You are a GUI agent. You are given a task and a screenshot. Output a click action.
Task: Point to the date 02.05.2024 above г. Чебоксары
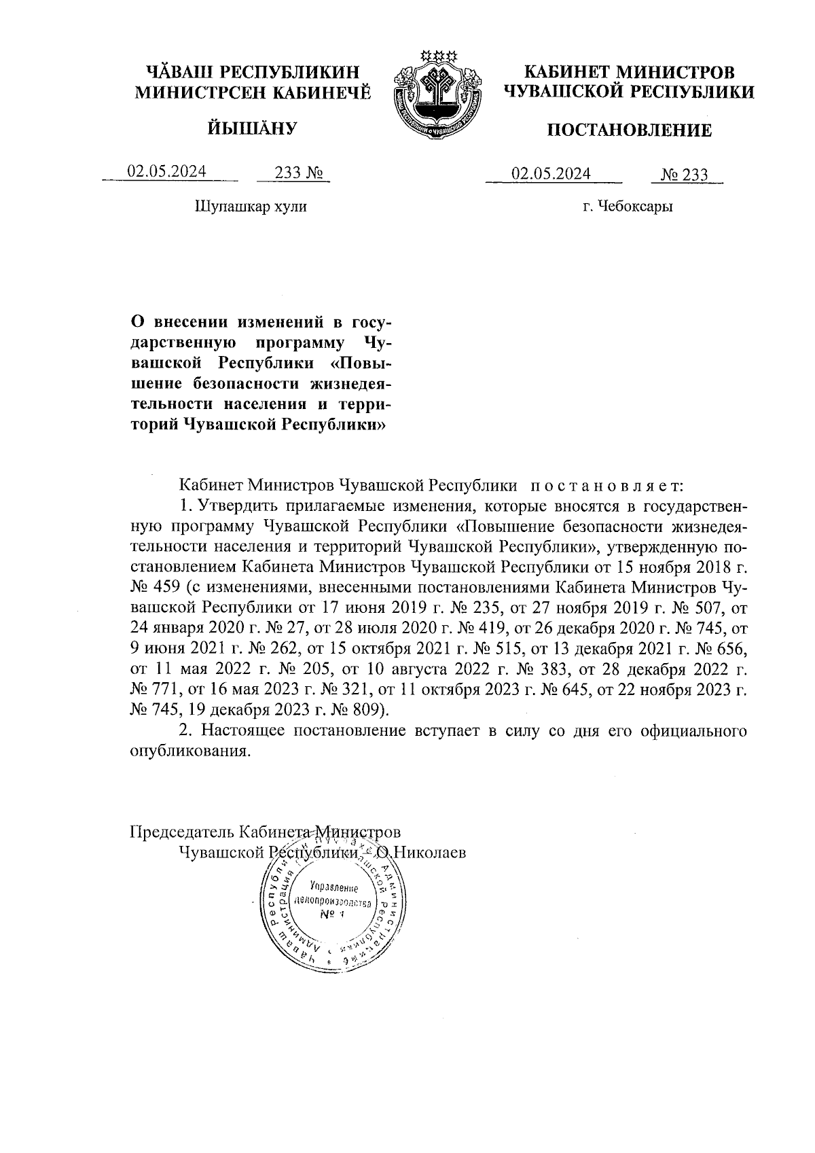click(551, 173)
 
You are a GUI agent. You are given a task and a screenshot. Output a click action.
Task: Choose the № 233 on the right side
click(685, 175)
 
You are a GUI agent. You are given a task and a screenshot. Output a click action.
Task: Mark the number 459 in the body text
click(160, 586)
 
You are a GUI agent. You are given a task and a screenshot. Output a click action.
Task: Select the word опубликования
click(186, 752)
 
